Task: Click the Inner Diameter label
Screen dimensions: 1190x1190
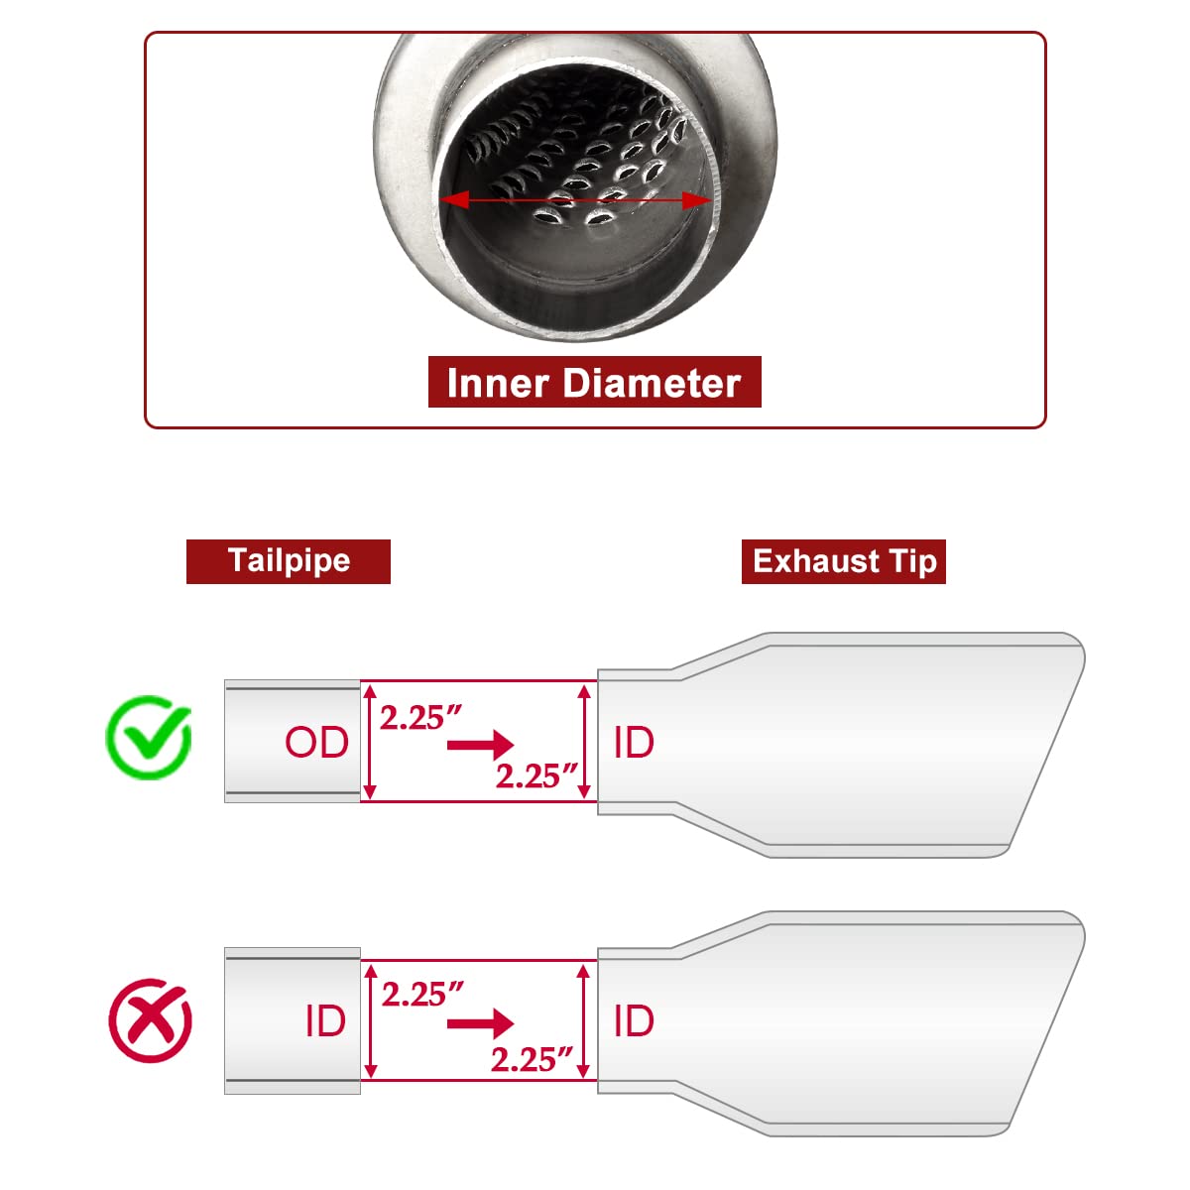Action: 594,383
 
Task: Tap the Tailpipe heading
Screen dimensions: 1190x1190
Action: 289,561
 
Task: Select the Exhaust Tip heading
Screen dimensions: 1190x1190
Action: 844,561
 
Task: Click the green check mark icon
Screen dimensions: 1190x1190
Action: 149,737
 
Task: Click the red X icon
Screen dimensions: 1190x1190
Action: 150,1020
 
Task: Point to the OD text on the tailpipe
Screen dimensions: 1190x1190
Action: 316,742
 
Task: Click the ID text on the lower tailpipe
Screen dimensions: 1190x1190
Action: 325,1020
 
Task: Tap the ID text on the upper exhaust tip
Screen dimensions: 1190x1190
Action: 634,742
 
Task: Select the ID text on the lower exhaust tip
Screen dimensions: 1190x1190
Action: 634,1020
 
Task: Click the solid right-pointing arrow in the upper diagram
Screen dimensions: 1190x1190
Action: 480,745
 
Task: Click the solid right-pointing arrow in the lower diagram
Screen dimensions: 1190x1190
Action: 480,1023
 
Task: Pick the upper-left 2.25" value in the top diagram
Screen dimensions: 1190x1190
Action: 420,718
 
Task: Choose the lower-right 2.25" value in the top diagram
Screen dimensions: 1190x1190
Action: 536,775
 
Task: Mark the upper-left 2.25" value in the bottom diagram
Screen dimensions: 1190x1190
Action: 422,994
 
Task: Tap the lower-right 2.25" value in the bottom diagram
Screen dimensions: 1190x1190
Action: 533,1060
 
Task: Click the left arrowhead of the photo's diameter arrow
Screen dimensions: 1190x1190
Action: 454,199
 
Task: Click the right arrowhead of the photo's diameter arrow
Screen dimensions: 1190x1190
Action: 696,200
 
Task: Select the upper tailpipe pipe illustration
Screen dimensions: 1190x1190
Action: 293,741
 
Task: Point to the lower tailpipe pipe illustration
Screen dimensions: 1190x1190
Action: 293,1020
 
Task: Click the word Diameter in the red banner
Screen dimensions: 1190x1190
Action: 653,383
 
